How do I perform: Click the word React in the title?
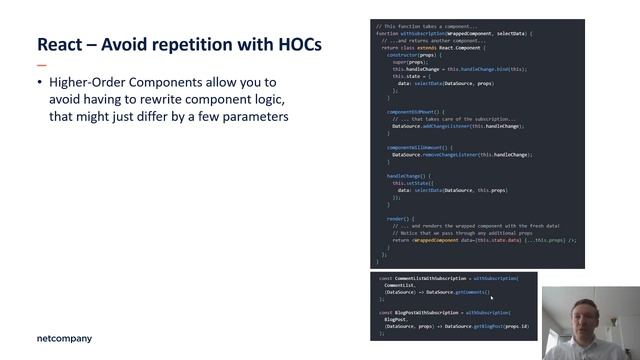click(59, 45)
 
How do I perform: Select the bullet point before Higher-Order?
click(39, 81)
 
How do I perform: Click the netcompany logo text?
click(63, 338)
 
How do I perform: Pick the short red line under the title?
click(41, 63)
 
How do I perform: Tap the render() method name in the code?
click(397, 218)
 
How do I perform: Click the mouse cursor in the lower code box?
click(489, 294)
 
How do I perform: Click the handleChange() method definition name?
click(403, 175)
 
